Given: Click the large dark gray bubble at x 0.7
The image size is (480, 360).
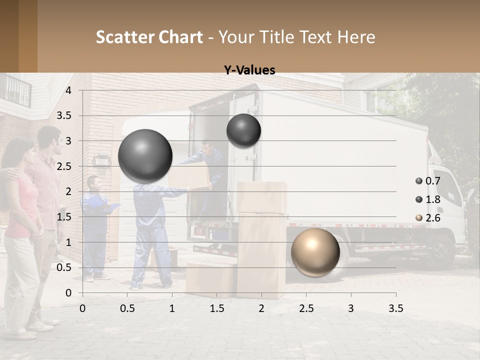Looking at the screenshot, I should [145, 156].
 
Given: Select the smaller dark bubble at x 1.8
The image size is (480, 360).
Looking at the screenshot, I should [243, 130].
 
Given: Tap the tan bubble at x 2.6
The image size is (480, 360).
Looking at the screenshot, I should [315, 251].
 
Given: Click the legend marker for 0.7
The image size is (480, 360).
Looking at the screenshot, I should [419, 181].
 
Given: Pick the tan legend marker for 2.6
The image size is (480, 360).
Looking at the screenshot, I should [419, 218].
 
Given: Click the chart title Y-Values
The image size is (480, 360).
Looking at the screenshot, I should [249, 70].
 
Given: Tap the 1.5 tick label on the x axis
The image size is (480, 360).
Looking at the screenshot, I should [217, 309].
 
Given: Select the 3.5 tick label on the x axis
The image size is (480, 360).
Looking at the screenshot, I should [395, 309].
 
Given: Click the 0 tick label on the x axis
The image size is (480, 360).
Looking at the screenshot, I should [83, 309].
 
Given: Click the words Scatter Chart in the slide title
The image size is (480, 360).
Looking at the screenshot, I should [149, 36].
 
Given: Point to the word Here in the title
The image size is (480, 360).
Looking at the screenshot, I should [356, 36].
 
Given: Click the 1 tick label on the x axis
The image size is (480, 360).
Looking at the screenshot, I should [172, 309].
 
